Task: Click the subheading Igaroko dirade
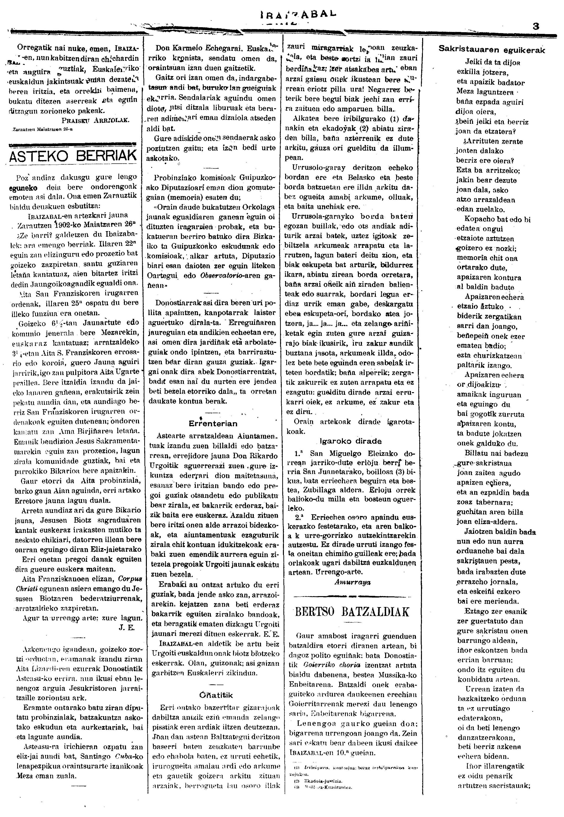coord(351,441)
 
